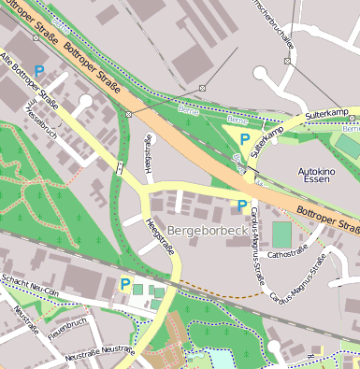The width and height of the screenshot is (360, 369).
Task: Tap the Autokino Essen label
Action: coord(316,177)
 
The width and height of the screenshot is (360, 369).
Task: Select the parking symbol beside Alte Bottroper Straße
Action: coord(39,70)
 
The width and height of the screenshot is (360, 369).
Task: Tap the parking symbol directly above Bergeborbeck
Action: coord(242,205)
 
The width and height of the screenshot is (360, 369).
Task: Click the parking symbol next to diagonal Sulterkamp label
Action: coord(244,138)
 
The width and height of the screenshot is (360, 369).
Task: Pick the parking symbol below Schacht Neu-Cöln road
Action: coord(125,283)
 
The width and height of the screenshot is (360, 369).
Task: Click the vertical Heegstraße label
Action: coord(148,152)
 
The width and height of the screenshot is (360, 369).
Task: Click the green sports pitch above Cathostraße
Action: coord(281,233)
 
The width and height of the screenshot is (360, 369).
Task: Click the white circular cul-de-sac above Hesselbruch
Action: coord(86,101)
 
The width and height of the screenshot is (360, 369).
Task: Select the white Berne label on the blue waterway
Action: coord(237,121)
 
